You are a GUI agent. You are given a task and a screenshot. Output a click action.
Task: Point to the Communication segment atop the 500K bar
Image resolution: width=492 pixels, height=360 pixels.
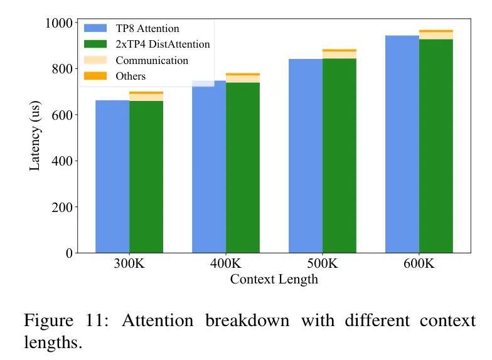[x=340, y=55]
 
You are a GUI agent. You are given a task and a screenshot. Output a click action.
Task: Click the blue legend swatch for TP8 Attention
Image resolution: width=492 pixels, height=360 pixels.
[x=95, y=28]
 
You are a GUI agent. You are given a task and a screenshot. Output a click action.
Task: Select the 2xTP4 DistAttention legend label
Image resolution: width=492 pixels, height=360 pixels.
[x=163, y=45]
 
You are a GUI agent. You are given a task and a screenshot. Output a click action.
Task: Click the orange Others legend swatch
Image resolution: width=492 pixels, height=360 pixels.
[x=95, y=76]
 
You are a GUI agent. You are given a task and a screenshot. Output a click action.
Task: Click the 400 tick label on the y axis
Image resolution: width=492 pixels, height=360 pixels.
[x=61, y=161]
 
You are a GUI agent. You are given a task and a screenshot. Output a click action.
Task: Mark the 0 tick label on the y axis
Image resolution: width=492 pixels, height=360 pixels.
[x=69, y=253]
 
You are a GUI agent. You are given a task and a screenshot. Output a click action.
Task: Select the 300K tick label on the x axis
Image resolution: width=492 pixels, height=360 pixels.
[x=129, y=264]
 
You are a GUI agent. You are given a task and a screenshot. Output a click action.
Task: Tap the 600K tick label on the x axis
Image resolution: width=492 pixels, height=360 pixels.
[x=419, y=264]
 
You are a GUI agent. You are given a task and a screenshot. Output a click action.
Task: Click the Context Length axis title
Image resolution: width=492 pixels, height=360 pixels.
[x=274, y=280]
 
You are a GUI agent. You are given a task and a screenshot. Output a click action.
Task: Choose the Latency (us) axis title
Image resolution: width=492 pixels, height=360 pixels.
[x=35, y=138]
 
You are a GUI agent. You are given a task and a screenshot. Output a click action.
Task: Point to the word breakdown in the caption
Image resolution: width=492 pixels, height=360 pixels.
[x=247, y=321]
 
